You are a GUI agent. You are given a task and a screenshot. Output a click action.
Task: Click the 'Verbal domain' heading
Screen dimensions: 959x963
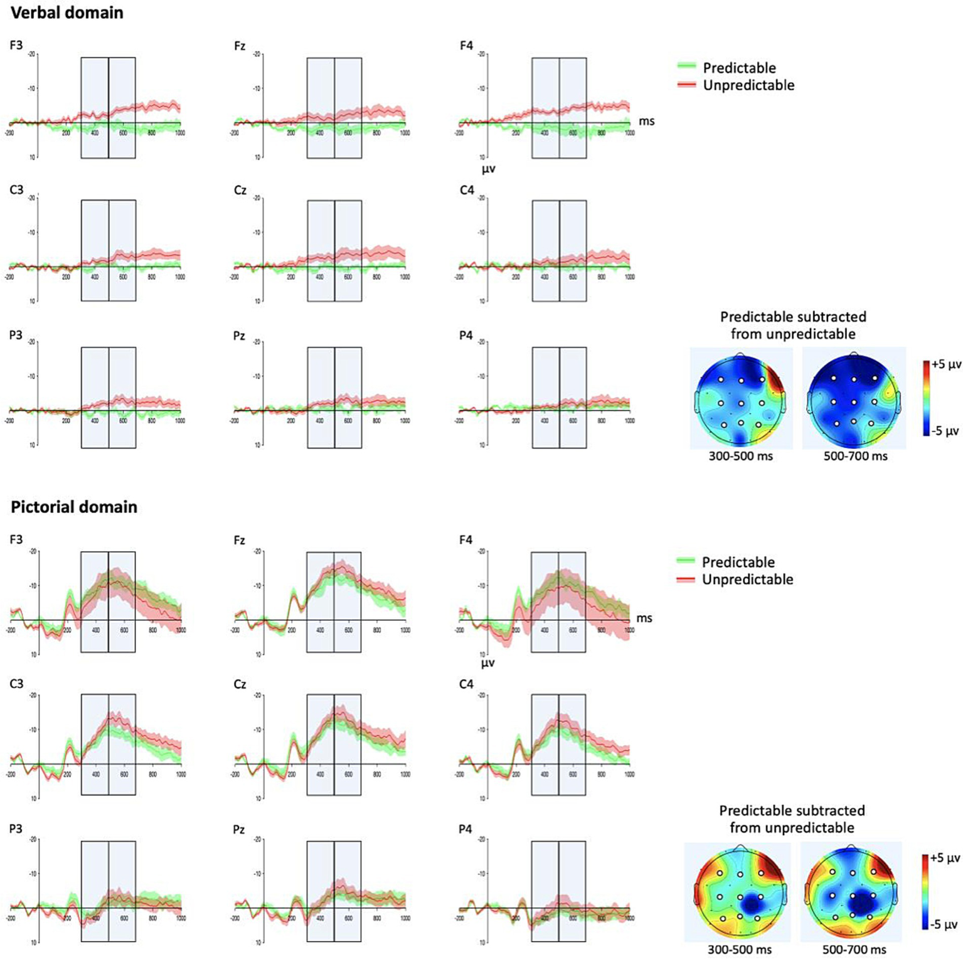click(x=67, y=13)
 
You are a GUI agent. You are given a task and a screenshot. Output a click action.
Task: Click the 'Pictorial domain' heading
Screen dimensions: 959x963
click(x=74, y=507)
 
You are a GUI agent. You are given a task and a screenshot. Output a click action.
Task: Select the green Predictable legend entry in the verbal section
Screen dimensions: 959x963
click(x=738, y=68)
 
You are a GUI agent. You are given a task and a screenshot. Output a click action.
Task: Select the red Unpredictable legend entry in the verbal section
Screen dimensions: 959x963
click(x=748, y=85)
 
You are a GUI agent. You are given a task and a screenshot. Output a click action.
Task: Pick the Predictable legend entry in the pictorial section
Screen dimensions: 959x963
click(x=737, y=562)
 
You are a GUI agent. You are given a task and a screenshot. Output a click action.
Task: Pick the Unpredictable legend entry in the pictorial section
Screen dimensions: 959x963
click(x=747, y=580)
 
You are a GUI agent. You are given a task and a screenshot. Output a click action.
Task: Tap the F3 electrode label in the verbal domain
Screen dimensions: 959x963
click(x=16, y=46)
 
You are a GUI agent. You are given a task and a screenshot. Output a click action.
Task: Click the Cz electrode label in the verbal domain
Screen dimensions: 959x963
click(x=240, y=191)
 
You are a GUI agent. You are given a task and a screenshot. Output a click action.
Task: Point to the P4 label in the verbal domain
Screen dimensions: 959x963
click(x=466, y=336)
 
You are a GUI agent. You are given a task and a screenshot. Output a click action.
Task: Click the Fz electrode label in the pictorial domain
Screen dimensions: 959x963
click(x=239, y=540)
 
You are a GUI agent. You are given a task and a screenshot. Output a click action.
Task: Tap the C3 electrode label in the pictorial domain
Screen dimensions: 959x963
click(x=16, y=684)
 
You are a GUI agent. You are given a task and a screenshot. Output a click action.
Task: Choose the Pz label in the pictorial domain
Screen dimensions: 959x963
click(x=239, y=829)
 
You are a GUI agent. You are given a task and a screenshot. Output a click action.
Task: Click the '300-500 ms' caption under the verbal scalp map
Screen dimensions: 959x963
click(x=740, y=457)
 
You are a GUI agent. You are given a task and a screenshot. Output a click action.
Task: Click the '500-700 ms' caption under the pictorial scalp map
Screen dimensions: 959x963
click(x=854, y=950)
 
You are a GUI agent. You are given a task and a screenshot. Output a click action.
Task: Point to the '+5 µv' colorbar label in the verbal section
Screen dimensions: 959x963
click(x=947, y=364)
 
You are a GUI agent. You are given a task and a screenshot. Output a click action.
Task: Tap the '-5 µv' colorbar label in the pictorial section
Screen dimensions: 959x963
click(x=945, y=925)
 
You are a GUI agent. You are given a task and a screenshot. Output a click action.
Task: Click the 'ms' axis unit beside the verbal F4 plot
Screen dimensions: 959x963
click(x=646, y=121)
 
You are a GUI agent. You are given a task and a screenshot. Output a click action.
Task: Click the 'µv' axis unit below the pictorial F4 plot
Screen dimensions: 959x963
click(x=488, y=662)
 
